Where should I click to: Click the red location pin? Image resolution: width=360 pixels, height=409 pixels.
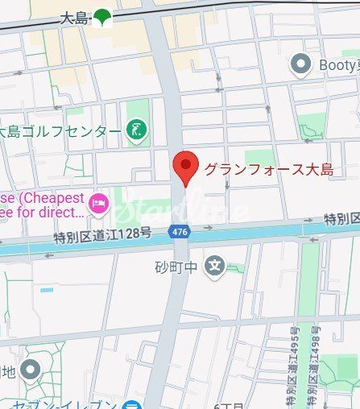[186, 167]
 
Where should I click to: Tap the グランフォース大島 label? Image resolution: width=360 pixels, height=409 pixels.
[268, 170]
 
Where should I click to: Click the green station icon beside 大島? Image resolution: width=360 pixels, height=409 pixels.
[102, 17]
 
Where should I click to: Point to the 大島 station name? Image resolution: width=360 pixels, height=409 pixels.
[75, 17]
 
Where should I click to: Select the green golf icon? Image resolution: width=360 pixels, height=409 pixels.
[135, 130]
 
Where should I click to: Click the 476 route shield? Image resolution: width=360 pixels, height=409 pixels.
[180, 232]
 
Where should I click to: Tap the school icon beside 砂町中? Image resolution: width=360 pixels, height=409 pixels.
[214, 265]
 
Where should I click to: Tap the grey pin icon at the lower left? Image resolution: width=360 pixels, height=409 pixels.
[31, 370]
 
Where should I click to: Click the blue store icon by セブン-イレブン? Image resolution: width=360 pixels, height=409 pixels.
[131, 405]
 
